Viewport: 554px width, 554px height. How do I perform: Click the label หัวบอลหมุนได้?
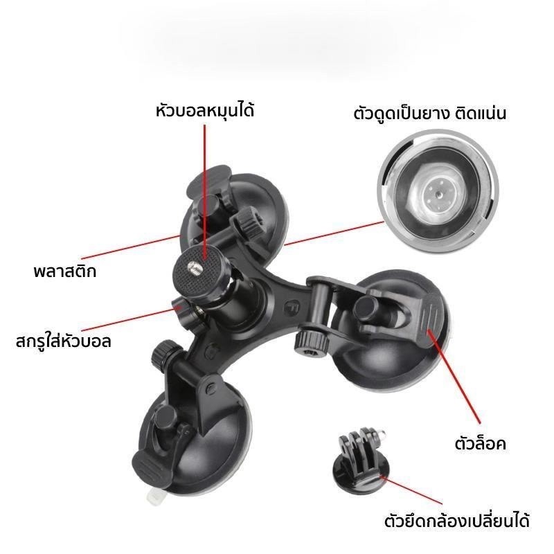[x=205, y=110]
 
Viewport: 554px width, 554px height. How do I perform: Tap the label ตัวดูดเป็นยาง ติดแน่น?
[x=429, y=113]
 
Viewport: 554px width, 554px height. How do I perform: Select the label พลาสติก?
[x=64, y=271]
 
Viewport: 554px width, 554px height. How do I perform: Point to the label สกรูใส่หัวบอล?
[x=64, y=341]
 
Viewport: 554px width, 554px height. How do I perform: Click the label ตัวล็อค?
[x=480, y=443]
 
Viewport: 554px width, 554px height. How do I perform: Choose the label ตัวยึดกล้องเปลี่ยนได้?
[x=457, y=520]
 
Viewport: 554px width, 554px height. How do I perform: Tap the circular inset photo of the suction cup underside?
[x=438, y=192]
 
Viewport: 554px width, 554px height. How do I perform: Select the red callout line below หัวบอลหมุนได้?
[x=204, y=192]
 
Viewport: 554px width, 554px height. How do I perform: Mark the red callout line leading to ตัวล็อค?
[x=454, y=377]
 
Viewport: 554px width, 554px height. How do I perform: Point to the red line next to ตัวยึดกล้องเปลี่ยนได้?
[x=411, y=491]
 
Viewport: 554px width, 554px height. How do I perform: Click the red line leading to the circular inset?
[x=334, y=233]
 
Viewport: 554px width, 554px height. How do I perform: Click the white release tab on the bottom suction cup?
[x=152, y=495]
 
